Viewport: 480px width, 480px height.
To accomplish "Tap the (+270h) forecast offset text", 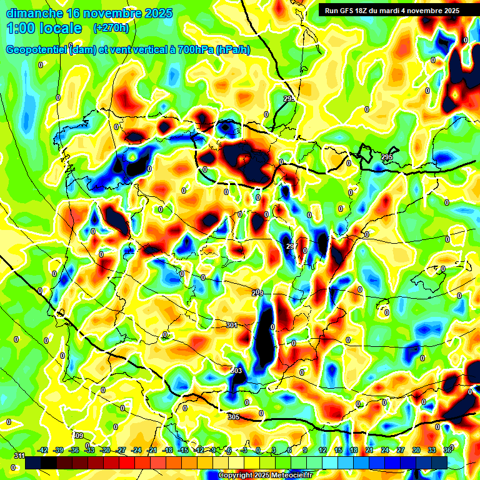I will (111, 28).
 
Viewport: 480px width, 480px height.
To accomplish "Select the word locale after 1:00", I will (59, 28).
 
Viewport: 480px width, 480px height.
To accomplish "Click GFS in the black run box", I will (350, 11).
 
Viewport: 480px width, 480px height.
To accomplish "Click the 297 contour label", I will (291, 247).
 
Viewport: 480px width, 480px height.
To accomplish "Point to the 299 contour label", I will (257, 292).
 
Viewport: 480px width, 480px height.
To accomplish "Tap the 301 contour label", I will (232, 325).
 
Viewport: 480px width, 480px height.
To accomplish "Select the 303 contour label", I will (236, 371).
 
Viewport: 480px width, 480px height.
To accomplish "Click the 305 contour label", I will (234, 417).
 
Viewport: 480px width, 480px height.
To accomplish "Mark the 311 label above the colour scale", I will (19, 455).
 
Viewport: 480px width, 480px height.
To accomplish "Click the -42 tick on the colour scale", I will (42, 450).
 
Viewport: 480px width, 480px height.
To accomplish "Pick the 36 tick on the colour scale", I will (447, 450).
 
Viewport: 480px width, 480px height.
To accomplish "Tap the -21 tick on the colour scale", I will (152, 450).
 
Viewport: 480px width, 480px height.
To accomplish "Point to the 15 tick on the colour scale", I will (337, 450).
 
